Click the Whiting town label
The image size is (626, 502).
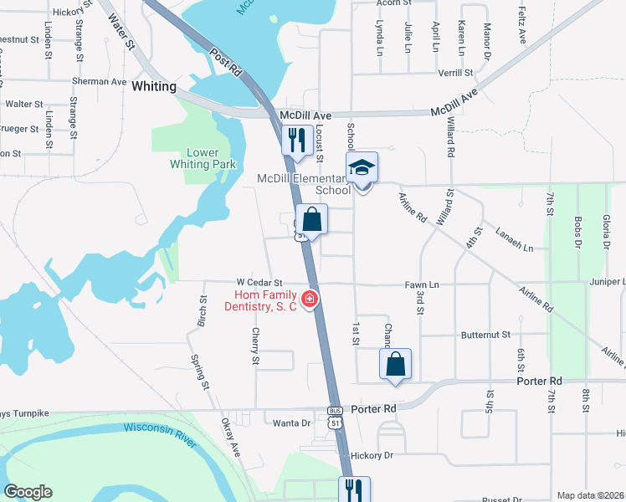coord(154,87)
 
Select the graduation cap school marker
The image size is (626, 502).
coord(362,168)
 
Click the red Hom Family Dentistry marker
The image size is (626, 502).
coord(310,299)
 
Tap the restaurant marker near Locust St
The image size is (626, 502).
coord(295,141)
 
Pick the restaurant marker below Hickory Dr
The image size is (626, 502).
coord(353,489)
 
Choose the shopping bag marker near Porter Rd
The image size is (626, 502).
coord(395,365)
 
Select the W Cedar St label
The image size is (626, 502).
coord(260,284)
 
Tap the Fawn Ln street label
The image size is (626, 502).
coord(423,284)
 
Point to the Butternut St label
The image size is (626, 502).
coord(485,335)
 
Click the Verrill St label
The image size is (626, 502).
coord(455,74)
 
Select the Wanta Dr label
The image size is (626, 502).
coord(291,423)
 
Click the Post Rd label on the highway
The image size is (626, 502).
coord(227,64)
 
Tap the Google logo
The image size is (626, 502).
coord(28,492)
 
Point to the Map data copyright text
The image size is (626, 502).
coord(590,495)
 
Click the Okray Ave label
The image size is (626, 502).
coord(230,438)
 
